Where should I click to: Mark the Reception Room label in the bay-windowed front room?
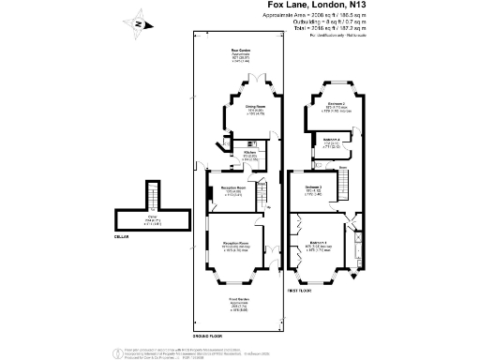[x=233, y=247]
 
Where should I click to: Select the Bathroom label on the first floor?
[x=330, y=141]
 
